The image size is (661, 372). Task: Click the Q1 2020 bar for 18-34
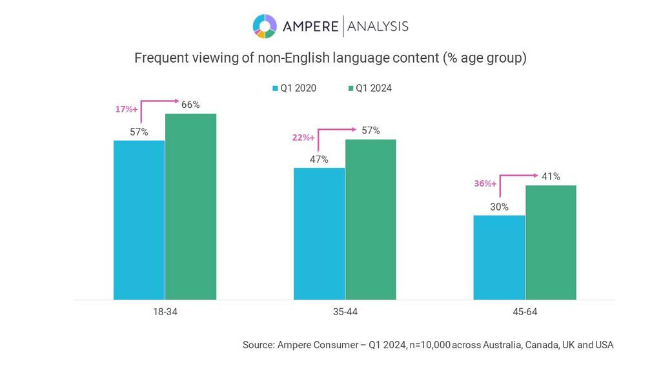[x=139, y=220]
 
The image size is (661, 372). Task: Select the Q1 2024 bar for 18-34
[x=190, y=207]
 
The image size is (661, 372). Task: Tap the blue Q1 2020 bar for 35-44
[x=319, y=234]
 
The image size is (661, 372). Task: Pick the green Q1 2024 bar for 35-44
[x=371, y=220]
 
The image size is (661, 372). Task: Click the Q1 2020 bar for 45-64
[x=499, y=257]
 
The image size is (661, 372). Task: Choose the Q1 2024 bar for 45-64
[x=551, y=242]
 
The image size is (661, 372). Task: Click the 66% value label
[x=190, y=105]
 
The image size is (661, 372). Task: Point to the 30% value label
[x=499, y=207]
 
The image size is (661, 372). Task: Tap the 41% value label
[x=551, y=176]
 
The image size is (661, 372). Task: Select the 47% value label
[x=319, y=159]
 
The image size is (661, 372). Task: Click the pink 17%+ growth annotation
[x=126, y=109]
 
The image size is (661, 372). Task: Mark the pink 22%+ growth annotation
[x=303, y=138]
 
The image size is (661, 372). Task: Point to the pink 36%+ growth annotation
[x=485, y=183]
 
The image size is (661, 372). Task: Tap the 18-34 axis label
[x=165, y=312]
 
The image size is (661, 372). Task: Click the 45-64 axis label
[x=525, y=312]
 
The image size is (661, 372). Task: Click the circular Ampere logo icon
[x=265, y=26]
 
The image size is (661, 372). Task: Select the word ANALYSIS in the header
[x=378, y=26]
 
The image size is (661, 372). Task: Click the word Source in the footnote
[x=258, y=345]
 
